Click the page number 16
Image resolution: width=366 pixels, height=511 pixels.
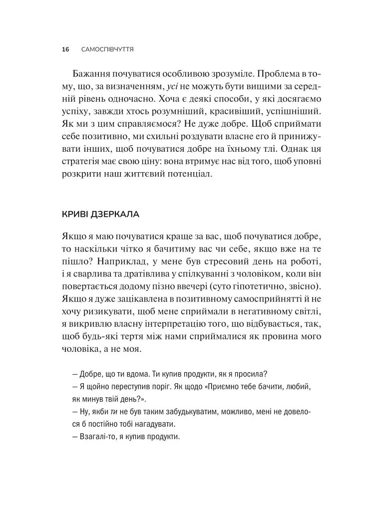click(x=64, y=49)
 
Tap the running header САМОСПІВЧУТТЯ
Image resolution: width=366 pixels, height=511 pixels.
click(x=110, y=49)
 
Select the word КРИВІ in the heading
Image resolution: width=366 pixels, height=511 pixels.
click(x=74, y=215)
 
